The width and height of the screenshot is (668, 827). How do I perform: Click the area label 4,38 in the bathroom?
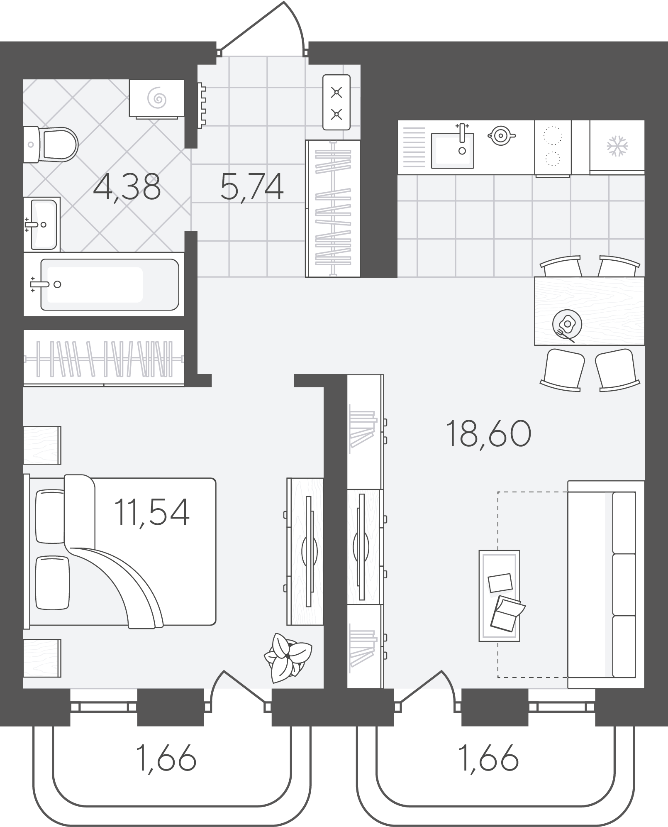(x=127, y=187)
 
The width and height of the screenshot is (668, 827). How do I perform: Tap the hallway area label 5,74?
(x=252, y=187)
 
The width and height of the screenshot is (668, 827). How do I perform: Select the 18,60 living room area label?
(x=488, y=434)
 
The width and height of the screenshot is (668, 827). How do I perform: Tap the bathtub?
(x=104, y=284)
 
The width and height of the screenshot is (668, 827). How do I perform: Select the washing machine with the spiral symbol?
(x=156, y=98)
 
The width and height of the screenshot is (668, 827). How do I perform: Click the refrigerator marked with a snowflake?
(x=617, y=147)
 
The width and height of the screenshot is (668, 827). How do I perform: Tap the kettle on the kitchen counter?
(x=501, y=135)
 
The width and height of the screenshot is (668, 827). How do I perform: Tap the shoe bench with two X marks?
(x=336, y=102)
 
